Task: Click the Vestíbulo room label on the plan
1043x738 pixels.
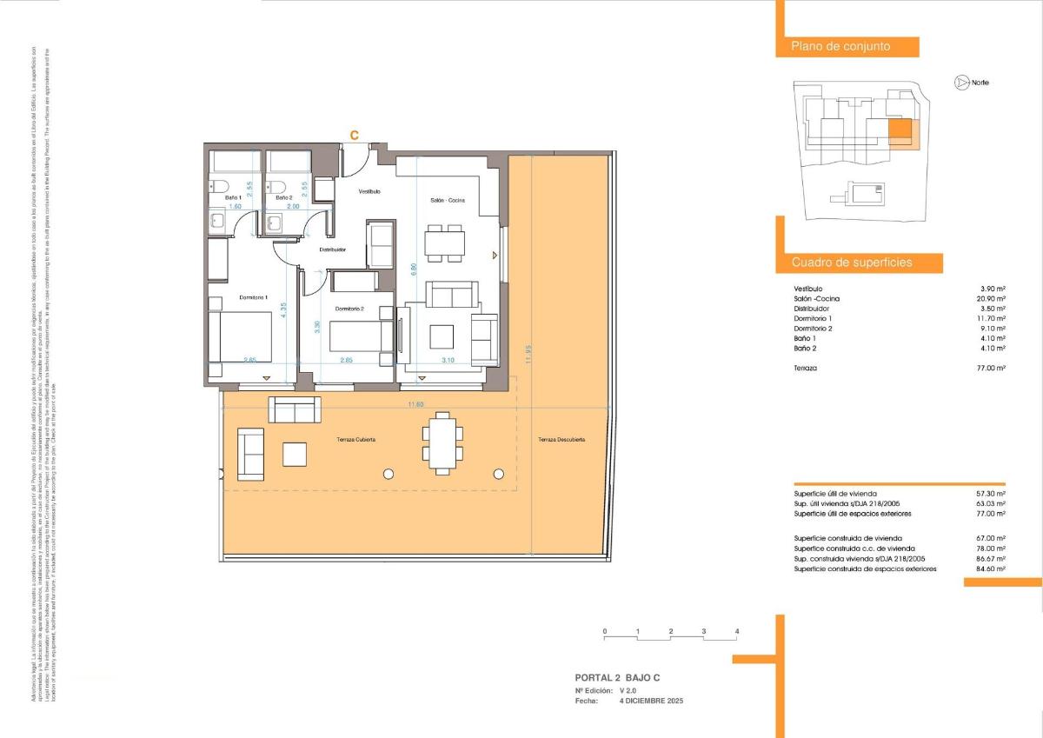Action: pyautogui.click(x=370, y=191)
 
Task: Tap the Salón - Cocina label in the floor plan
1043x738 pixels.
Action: pyautogui.click(x=448, y=201)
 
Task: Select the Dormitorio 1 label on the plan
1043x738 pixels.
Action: pyautogui.click(x=254, y=298)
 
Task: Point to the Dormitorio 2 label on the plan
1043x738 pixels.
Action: pyautogui.click(x=349, y=309)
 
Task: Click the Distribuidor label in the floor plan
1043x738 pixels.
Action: pyautogui.click(x=333, y=249)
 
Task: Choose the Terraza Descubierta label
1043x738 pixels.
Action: pyautogui.click(x=561, y=440)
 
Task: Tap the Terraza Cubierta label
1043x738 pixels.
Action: pyautogui.click(x=356, y=441)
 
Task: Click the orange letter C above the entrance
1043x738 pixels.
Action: pyautogui.click(x=354, y=135)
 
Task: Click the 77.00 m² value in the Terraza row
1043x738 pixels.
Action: pyautogui.click(x=990, y=369)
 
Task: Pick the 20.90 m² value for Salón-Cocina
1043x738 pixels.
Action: pyautogui.click(x=990, y=299)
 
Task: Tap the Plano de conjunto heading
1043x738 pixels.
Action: pyautogui.click(x=840, y=47)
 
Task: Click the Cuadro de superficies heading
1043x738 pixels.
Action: pyautogui.click(x=852, y=263)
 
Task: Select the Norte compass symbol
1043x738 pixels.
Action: pyautogui.click(x=961, y=83)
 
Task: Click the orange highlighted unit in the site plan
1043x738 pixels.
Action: pyautogui.click(x=900, y=131)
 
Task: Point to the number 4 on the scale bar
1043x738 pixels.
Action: pyautogui.click(x=736, y=630)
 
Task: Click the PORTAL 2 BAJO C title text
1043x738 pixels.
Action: pyautogui.click(x=623, y=677)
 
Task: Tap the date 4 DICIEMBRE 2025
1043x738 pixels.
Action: pyautogui.click(x=651, y=700)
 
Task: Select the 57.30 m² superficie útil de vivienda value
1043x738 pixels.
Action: pyautogui.click(x=990, y=494)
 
